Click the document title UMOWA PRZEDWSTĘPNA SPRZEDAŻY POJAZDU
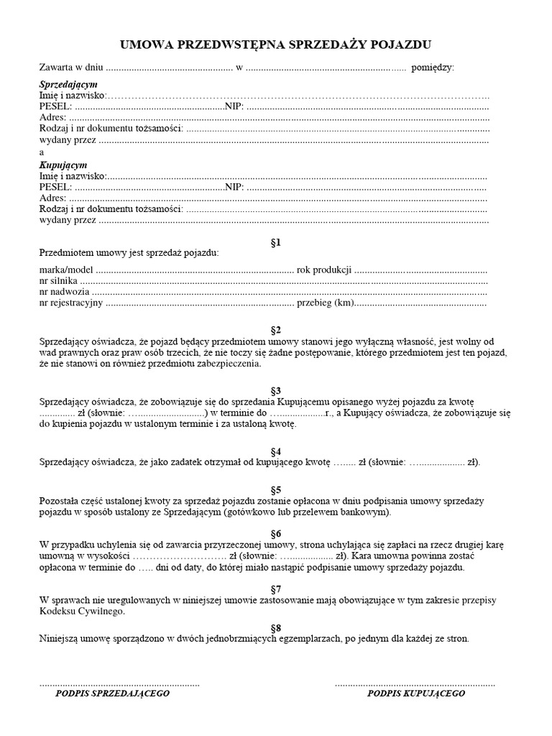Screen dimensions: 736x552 (x=275, y=45)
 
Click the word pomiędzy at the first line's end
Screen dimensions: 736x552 (x=433, y=68)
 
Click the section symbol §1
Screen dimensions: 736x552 (x=275, y=242)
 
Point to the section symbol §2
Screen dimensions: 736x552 (x=275, y=329)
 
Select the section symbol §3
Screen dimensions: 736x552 (x=275, y=389)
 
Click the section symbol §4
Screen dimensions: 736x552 (x=275, y=450)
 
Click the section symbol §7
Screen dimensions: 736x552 (x=275, y=588)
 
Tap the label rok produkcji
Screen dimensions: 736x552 (x=324, y=270)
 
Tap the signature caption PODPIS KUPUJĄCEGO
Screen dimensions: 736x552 (x=416, y=694)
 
